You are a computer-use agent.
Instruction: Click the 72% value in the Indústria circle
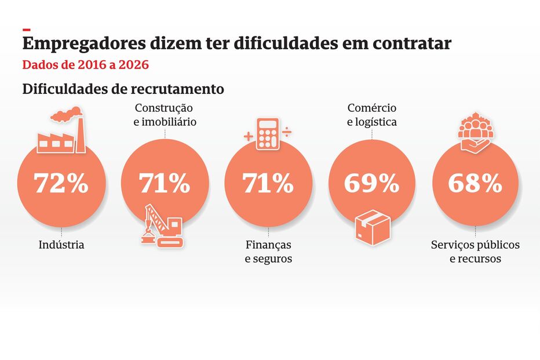61,184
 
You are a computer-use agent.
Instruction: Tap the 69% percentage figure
371,184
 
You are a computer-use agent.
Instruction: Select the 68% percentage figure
475,184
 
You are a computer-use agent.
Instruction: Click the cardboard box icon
372,226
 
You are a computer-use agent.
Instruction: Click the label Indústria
61,245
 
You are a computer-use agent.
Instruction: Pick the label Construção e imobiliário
165,115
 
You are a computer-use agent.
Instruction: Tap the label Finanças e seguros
268,252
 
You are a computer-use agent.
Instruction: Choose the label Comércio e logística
372,115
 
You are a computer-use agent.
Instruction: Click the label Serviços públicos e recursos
475,252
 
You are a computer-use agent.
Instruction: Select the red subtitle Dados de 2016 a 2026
85,64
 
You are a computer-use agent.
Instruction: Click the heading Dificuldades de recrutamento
123,90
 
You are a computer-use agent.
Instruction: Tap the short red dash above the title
26,29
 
